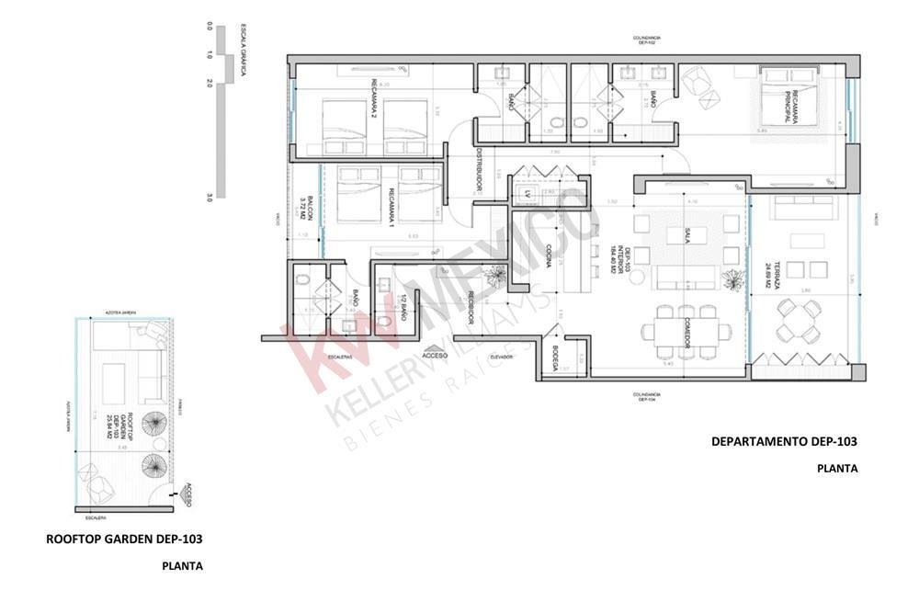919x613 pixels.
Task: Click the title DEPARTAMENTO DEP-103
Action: tap(784, 441)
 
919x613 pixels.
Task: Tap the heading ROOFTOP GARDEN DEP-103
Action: tap(124, 539)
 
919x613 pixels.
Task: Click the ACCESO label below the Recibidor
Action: tap(435, 354)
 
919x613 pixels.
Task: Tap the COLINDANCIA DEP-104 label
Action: tap(647, 397)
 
